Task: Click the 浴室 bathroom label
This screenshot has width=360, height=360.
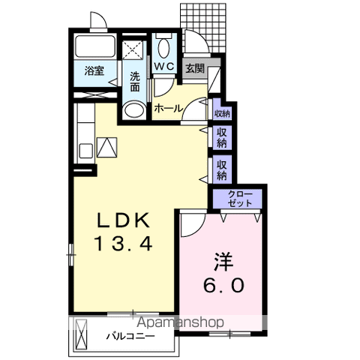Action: pos(94,71)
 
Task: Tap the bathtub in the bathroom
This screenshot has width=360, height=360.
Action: pos(95,46)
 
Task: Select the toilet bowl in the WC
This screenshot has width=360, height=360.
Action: pos(164,49)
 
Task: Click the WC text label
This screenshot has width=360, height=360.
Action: pos(164,66)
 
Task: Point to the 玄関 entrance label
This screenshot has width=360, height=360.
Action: pos(195,68)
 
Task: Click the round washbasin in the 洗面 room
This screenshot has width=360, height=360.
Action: pos(134,110)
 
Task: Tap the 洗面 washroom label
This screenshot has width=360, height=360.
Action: pos(135,82)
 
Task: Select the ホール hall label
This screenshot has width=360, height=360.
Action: pos(169,109)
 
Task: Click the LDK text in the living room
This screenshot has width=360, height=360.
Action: pos(123,220)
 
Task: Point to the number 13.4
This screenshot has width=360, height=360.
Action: pos(123,244)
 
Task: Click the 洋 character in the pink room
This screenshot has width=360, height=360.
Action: pos(223,262)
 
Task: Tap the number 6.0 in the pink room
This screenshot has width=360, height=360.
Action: pos(223,285)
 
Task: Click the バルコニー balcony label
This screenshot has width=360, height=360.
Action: pos(130,336)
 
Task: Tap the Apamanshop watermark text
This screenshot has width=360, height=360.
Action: pos(180,322)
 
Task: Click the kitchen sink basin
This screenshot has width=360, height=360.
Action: pos(85,151)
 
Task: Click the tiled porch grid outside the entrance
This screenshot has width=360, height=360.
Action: pos(203,28)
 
